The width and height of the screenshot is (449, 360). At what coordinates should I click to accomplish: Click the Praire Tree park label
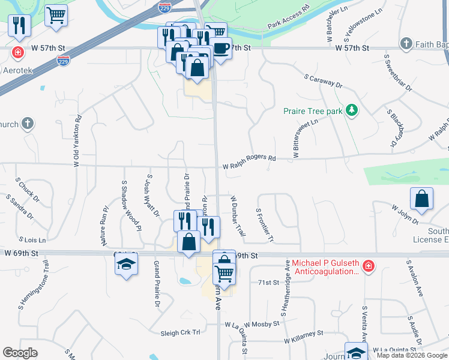click(x=312, y=111)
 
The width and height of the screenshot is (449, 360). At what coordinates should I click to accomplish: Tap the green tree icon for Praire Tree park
click(x=351, y=110)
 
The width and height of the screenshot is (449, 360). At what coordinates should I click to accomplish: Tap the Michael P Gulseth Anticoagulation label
click(x=326, y=268)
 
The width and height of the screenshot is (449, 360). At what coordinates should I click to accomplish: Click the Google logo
click(x=20, y=352)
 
